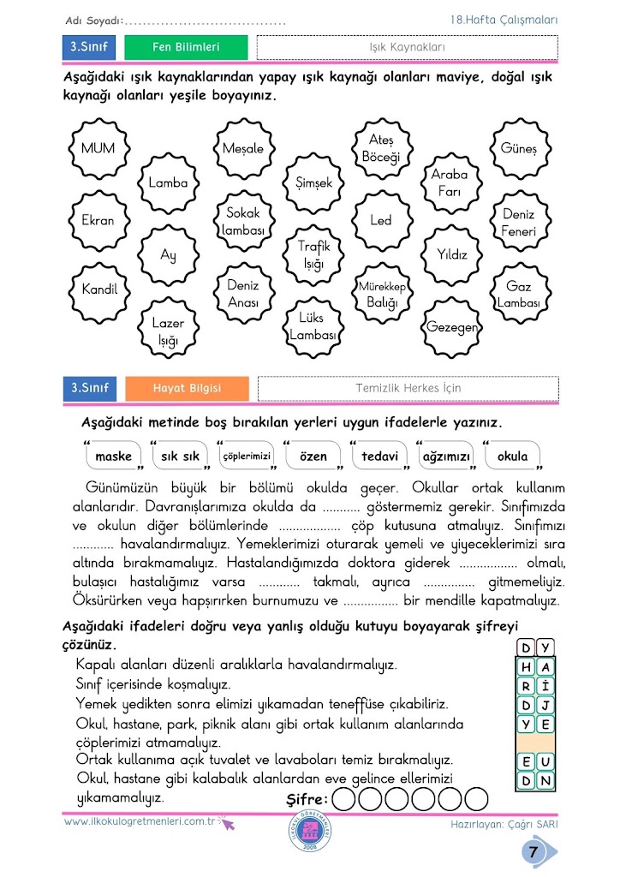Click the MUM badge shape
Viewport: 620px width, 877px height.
tap(98, 148)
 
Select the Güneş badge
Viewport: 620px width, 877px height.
tap(518, 148)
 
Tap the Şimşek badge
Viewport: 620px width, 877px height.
tap(313, 183)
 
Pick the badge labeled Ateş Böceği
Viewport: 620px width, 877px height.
tap(381, 148)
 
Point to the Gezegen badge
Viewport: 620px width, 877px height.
tap(451, 327)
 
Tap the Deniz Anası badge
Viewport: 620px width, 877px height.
tap(243, 293)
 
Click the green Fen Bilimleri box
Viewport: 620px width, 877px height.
tap(186, 47)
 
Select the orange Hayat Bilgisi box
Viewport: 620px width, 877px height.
tap(187, 388)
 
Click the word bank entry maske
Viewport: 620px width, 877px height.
tap(114, 456)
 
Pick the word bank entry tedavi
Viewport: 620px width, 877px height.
tap(380, 456)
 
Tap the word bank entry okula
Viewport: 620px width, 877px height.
tap(513, 456)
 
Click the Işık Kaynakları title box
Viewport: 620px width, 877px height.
tap(407, 47)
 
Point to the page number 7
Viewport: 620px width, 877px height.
tap(533, 852)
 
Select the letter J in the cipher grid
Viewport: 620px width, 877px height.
tap(546, 704)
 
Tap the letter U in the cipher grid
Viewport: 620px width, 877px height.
tap(546, 761)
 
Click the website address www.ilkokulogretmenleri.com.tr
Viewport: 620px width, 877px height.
tap(141, 821)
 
